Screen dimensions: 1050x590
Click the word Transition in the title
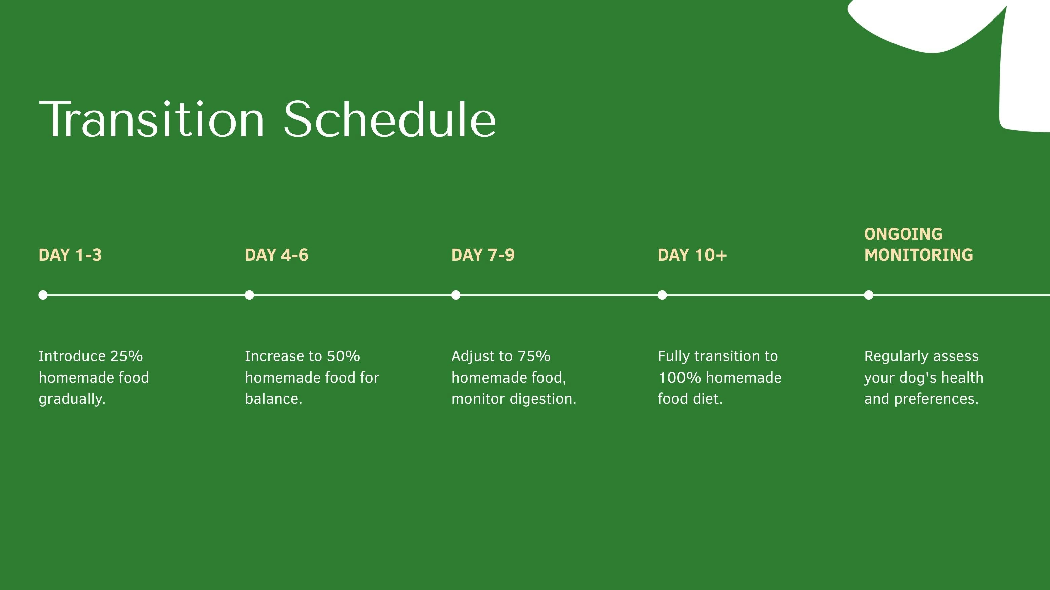152,119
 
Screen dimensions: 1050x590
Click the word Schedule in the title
390,119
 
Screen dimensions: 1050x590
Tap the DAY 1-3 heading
70,255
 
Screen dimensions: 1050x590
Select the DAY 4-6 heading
277,255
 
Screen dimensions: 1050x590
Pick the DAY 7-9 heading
483,255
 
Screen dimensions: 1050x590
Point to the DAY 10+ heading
692,255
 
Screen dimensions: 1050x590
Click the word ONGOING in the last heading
903,234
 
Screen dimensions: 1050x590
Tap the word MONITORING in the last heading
919,255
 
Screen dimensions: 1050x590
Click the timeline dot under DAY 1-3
43,295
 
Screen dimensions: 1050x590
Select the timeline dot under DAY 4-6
249,295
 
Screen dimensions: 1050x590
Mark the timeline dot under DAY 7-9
456,295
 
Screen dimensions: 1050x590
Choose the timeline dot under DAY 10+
662,295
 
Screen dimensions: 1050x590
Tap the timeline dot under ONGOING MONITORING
869,295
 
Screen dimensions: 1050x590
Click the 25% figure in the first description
126,356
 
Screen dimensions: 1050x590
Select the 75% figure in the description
534,356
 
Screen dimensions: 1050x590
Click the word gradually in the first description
72,399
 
